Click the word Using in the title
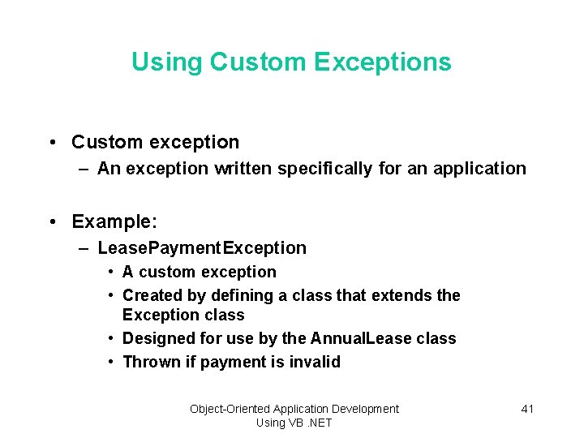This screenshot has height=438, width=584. point(167,62)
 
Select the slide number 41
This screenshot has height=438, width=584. point(527,409)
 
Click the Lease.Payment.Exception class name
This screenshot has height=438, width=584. point(202,248)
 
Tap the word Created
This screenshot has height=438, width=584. point(152,295)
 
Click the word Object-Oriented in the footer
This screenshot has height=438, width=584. point(230,409)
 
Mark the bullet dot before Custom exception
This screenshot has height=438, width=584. point(52,143)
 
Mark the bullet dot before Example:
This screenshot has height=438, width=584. point(52,222)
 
